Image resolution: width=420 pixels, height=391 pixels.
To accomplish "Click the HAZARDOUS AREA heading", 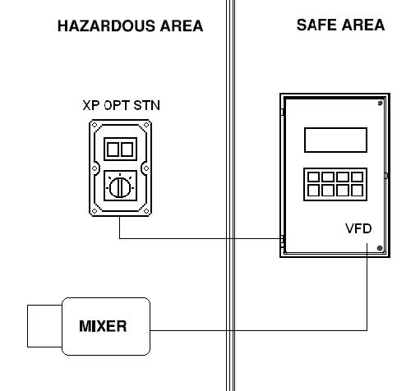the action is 130,26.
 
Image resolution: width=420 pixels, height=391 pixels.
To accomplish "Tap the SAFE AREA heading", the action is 340,25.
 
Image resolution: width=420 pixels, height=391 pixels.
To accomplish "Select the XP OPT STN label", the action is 121,105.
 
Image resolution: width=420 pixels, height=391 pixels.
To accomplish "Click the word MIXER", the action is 103,326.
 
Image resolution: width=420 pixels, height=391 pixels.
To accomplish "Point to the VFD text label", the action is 358,228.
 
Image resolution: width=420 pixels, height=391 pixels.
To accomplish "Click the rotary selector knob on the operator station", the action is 120,187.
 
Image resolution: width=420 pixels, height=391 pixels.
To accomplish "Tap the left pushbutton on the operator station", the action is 113,149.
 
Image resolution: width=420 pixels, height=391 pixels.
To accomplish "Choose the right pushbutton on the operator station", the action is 127,149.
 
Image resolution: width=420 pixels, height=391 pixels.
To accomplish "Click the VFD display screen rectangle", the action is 335,140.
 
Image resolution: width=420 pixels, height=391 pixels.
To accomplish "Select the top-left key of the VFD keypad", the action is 313,177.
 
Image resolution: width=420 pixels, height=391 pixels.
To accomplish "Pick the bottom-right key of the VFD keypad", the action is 357,191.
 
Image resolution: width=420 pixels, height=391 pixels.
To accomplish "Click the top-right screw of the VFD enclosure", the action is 380,103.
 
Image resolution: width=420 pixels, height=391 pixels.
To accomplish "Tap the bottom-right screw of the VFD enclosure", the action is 380,248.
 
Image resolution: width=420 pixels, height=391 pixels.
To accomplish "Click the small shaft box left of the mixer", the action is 44,326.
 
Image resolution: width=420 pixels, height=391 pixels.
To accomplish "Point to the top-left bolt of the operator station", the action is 95,125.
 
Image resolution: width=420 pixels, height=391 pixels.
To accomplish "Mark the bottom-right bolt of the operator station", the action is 146,211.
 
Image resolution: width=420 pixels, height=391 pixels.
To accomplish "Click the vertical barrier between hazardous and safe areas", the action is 230,195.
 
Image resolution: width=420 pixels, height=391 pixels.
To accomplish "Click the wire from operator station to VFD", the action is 200,238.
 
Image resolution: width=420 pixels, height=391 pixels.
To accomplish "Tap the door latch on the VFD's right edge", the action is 385,176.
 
